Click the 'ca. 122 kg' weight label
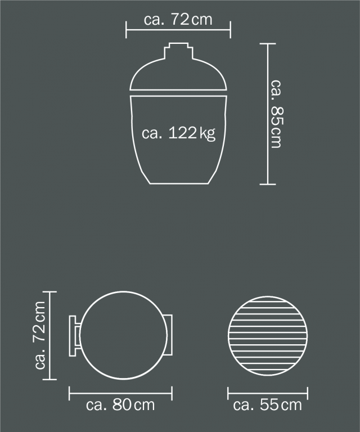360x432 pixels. pos(178,133)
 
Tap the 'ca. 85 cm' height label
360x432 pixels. pos(277,114)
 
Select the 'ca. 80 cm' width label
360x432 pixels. pos(120,405)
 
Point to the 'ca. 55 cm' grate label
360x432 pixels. pos(267,405)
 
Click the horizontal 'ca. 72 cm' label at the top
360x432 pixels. pos(178,19)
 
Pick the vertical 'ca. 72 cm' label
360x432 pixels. pos(39,335)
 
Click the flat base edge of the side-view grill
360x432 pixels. pos(179,183)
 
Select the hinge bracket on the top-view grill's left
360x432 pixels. pos(74,336)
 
